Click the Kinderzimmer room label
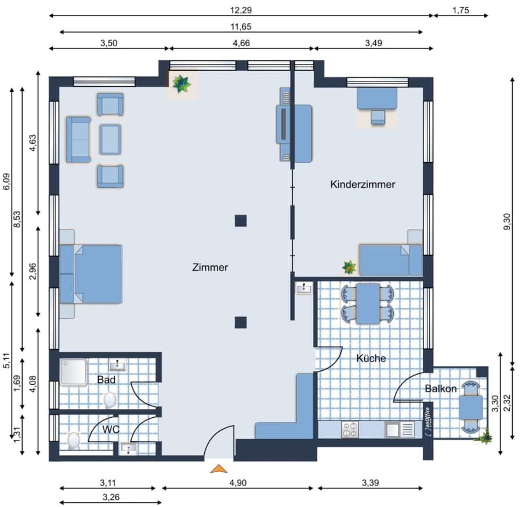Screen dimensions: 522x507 point(362,184)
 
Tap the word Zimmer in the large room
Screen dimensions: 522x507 point(210,267)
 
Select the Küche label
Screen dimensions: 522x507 point(371,358)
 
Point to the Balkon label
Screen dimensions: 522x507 point(441,388)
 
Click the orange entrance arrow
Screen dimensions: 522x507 point(219,469)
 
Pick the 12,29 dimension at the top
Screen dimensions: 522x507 point(241,10)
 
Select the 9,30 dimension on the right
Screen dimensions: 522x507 point(507,221)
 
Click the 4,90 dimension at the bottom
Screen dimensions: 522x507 point(238,483)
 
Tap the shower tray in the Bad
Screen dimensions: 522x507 point(74,371)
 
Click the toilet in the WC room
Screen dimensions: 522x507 point(73,440)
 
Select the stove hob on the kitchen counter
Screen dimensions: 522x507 point(350,429)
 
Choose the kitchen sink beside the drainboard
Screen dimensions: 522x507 point(392,429)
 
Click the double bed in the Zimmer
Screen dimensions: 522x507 point(90,274)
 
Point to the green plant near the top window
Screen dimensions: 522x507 point(182,83)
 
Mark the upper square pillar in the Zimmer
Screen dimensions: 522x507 point(241,221)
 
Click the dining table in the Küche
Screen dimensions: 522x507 point(368,304)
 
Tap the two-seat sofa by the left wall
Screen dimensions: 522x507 point(78,140)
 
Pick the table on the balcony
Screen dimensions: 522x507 point(471,407)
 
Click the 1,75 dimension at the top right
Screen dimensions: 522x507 point(461,10)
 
